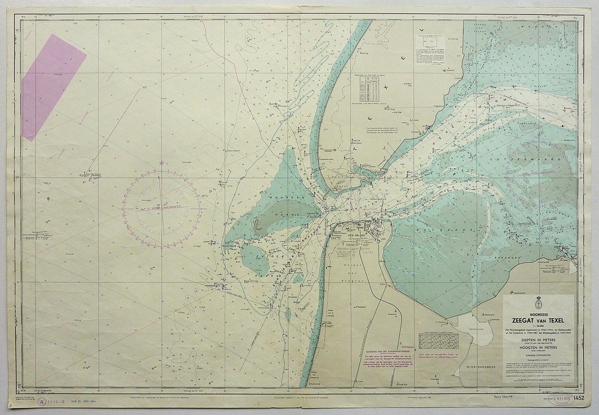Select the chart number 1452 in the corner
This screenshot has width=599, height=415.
coord(578,398)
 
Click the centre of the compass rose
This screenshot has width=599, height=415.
coord(162,208)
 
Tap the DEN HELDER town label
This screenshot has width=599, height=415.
coord(357,236)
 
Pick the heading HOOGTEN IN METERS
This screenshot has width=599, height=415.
coord(537,348)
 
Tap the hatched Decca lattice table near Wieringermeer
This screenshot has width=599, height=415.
coord(438,340)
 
